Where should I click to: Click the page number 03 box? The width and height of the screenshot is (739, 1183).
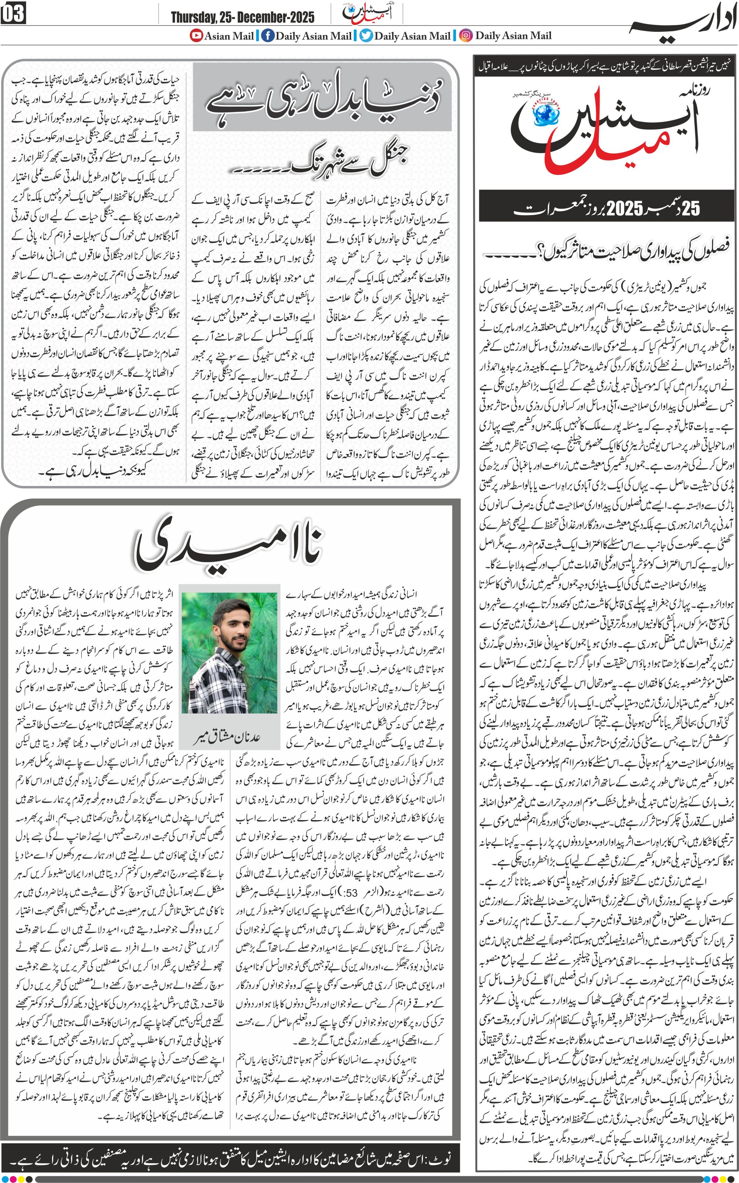[x=13, y=14]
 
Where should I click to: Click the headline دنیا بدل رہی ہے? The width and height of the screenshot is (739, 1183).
[x=323, y=98]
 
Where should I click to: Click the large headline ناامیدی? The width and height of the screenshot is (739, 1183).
[x=228, y=547]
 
